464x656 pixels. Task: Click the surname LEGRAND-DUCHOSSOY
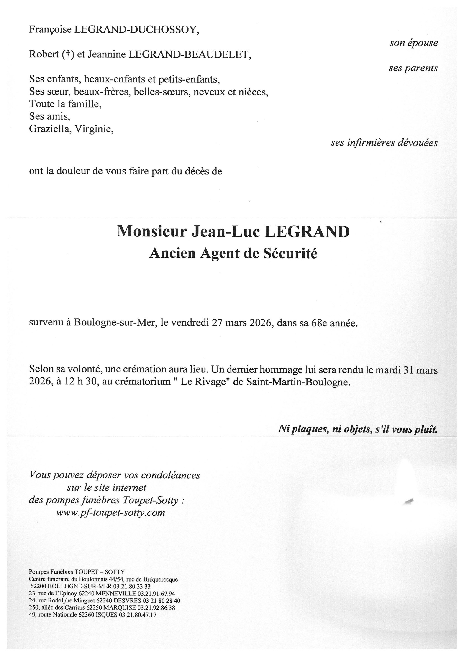pyautogui.click(x=137, y=30)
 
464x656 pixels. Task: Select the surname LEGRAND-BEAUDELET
pyautogui.click(x=190, y=55)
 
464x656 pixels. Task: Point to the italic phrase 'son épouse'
pyautogui.click(x=413, y=43)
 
